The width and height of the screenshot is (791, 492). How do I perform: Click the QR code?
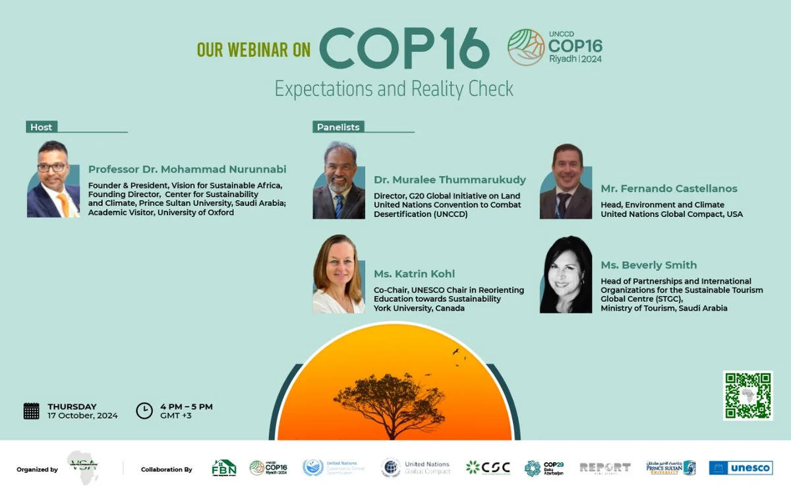(x=747, y=395)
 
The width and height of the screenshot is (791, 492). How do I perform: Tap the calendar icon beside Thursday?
(x=31, y=411)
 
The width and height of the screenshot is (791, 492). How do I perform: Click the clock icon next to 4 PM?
(x=144, y=411)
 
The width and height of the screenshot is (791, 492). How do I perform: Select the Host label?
(x=41, y=127)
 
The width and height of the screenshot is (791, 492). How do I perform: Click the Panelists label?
(x=338, y=127)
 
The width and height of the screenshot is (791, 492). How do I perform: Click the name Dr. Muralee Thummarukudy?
(x=450, y=179)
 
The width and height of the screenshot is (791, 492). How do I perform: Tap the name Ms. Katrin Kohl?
(x=414, y=274)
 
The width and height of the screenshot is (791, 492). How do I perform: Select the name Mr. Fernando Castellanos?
(x=669, y=189)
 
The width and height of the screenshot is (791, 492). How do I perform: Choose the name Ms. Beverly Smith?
(x=649, y=265)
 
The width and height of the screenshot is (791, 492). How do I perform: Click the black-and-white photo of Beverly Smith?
(x=566, y=275)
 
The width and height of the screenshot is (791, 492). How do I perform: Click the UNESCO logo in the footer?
(x=740, y=468)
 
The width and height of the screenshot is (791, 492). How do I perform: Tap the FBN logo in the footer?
(x=223, y=468)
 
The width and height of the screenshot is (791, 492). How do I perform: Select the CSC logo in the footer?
(x=488, y=468)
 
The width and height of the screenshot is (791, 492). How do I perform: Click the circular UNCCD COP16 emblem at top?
(x=525, y=47)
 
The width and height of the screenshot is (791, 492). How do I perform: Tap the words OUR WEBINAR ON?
(x=254, y=50)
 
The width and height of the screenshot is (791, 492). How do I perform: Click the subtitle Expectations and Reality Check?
(x=394, y=89)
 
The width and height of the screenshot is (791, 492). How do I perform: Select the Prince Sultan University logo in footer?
(x=670, y=468)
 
